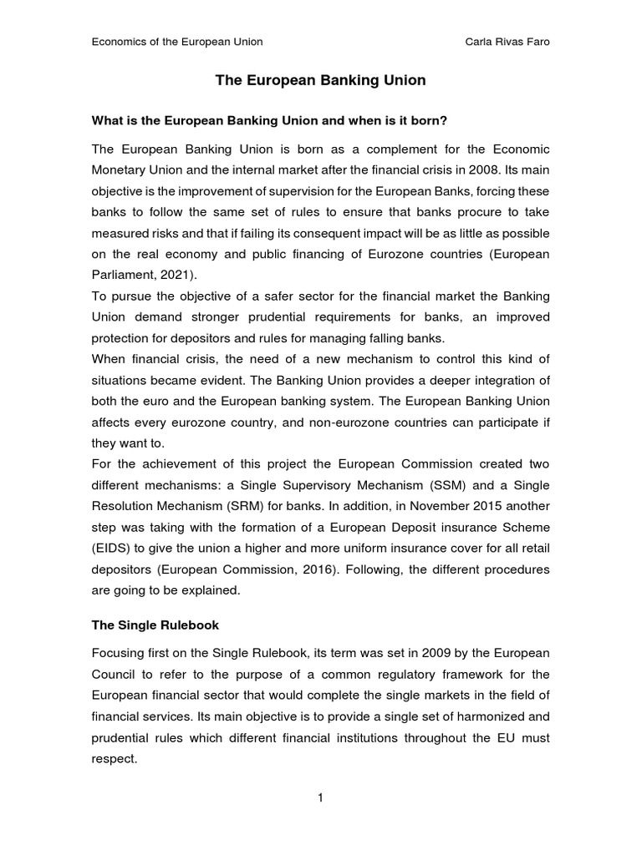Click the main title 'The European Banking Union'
click(x=321, y=80)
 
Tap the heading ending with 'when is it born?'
click(x=269, y=121)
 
